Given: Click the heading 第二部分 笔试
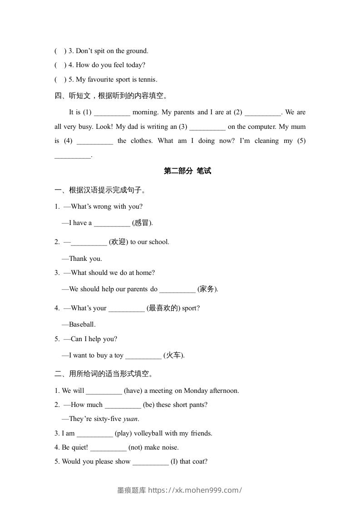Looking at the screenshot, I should point(187,171).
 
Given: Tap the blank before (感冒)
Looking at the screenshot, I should point(112,223).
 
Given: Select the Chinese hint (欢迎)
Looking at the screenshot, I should point(118,242).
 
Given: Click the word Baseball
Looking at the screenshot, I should point(82,324).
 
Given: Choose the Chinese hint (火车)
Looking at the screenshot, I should point(173,355).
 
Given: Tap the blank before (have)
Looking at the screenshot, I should point(104,391).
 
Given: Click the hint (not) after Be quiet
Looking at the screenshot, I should point(135,447).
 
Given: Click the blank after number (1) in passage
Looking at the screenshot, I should point(112,113).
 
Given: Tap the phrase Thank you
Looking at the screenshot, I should point(85,259).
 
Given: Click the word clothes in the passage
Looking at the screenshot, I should point(142,141).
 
